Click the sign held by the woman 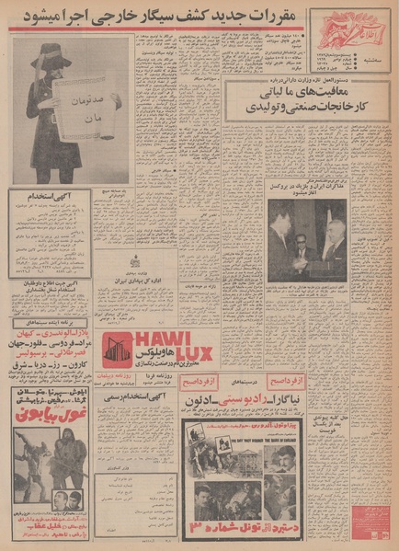(87, 109)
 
